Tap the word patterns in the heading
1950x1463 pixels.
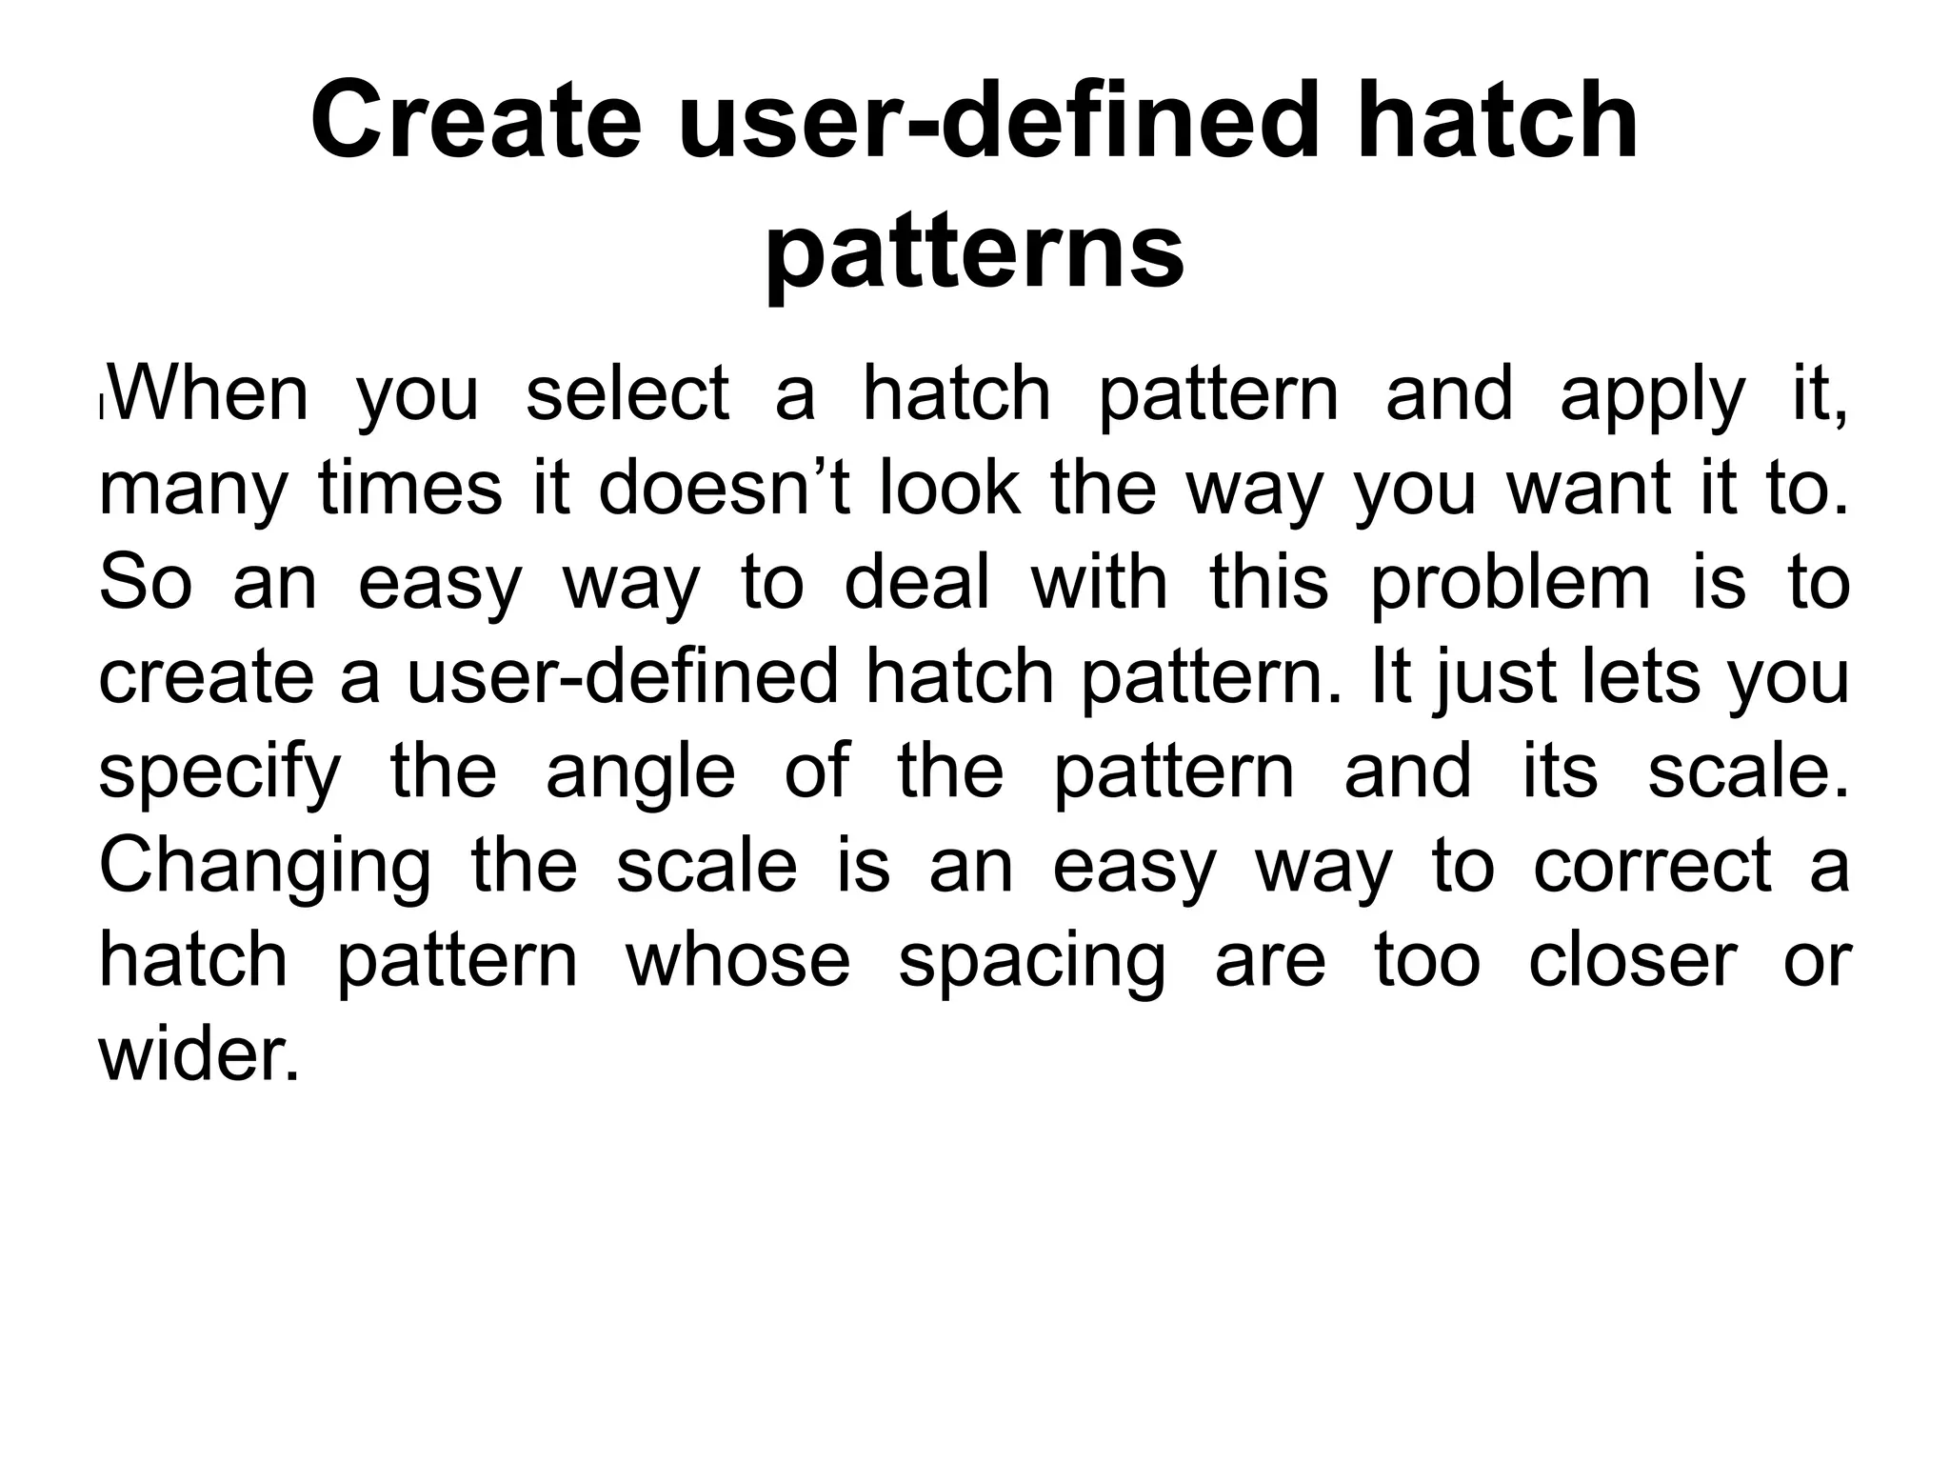click(974, 251)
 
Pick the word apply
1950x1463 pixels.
click(1652, 396)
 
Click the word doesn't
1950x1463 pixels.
click(723, 488)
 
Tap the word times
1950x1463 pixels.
click(409, 488)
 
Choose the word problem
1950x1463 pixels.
click(1509, 583)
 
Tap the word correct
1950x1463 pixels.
click(1652, 866)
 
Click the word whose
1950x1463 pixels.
click(738, 960)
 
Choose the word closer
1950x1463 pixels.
click(1632, 960)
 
